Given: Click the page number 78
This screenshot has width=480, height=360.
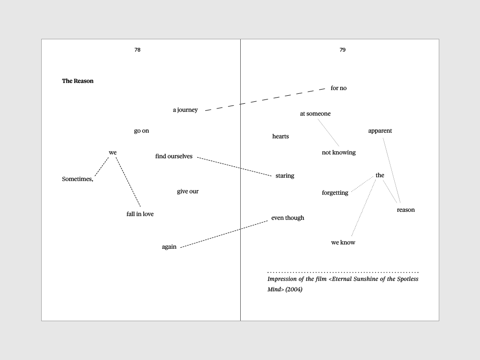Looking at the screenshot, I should click(x=137, y=50).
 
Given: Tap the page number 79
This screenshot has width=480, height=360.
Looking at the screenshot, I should click(x=343, y=50).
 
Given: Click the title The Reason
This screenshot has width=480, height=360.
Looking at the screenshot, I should click(x=78, y=81).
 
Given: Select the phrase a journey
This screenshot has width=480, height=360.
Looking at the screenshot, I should click(x=185, y=110).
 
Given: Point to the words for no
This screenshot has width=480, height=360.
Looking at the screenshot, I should click(x=339, y=88).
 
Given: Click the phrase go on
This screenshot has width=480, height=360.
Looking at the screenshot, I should click(x=141, y=131).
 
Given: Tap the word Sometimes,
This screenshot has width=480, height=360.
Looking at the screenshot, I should click(x=78, y=179).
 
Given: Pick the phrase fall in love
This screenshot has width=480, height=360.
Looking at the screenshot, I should click(x=140, y=214).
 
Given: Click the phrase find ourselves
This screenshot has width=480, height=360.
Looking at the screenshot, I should click(x=174, y=156).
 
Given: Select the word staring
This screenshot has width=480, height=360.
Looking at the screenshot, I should click(x=285, y=176).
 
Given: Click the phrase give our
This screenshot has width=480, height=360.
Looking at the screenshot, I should click(x=188, y=191).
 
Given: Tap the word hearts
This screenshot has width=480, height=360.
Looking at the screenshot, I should click(x=281, y=136).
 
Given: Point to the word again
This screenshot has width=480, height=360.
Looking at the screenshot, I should click(x=169, y=247).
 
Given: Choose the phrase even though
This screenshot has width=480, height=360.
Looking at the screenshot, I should click(x=288, y=218).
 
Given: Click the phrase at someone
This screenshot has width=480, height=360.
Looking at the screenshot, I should click(x=315, y=114).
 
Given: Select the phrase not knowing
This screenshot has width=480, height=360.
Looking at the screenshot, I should click(x=339, y=153).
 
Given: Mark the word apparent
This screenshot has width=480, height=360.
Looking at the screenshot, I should click(x=380, y=131).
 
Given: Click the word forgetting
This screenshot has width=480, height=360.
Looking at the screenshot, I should click(x=335, y=193).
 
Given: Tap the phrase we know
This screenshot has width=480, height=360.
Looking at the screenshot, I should click(x=343, y=243).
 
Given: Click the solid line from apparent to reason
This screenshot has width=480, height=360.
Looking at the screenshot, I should click(x=392, y=170).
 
